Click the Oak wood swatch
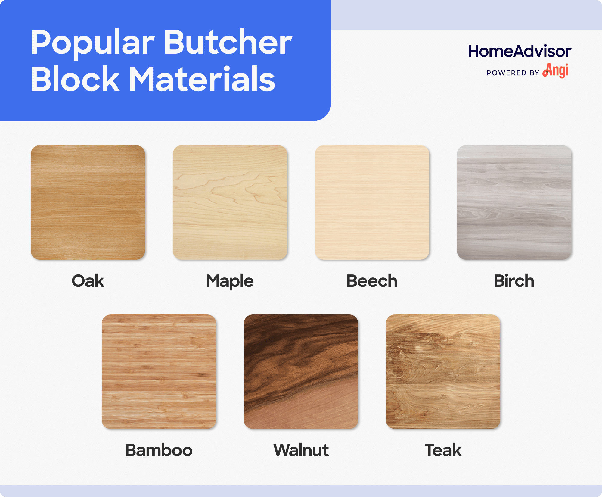click(x=88, y=202)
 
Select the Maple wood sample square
click(x=230, y=202)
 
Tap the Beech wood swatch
click(x=372, y=202)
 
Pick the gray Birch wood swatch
click(x=514, y=202)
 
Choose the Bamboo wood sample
click(x=159, y=372)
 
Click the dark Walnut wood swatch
click(x=301, y=372)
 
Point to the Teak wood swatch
click(x=443, y=372)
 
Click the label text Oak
click(x=88, y=281)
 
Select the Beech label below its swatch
click(x=372, y=281)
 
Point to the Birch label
click(x=514, y=281)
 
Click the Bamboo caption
click(x=159, y=450)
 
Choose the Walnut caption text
click(x=301, y=450)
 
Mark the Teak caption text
click(x=443, y=450)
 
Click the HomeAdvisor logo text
click(x=520, y=51)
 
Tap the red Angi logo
click(x=556, y=71)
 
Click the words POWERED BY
click(x=513, y=73)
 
